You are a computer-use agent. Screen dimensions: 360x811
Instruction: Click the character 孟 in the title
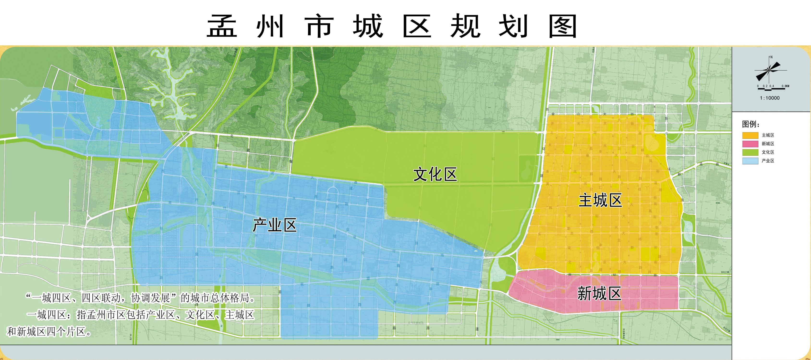(x=222, y=26)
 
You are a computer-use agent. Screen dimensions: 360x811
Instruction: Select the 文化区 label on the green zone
(x=435, y=175)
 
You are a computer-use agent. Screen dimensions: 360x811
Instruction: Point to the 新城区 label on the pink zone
(x=599, y=294)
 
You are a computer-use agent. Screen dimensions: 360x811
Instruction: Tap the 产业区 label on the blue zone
(x=274, y=225)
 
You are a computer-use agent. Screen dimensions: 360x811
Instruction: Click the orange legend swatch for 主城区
(x=750, y=135)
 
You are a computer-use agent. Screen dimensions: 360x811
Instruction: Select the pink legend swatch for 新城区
(x=750, y=144)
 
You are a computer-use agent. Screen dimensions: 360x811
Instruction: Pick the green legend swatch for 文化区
(x=750, y=152)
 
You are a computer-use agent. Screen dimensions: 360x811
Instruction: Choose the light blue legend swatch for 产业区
(x=750, y=161)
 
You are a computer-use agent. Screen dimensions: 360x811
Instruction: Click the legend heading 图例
(x=750, y=124)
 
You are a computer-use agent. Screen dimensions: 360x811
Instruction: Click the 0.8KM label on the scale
(x=785, y=86)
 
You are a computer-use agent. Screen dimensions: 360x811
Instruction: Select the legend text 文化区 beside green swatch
(x=768, y=152)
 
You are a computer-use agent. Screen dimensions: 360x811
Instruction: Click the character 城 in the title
(x=368, y=26)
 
